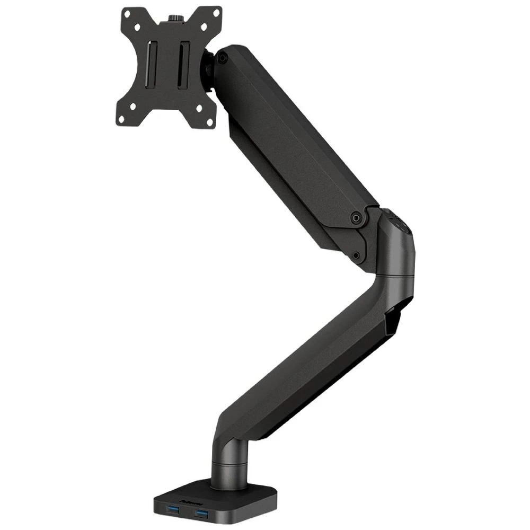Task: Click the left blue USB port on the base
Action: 173,510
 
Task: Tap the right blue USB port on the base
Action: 201,513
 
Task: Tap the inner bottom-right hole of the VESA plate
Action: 199,108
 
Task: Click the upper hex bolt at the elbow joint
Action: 357,216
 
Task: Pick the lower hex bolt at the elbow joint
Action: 356,255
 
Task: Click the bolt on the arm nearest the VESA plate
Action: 223,58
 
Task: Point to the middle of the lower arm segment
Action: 313,360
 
